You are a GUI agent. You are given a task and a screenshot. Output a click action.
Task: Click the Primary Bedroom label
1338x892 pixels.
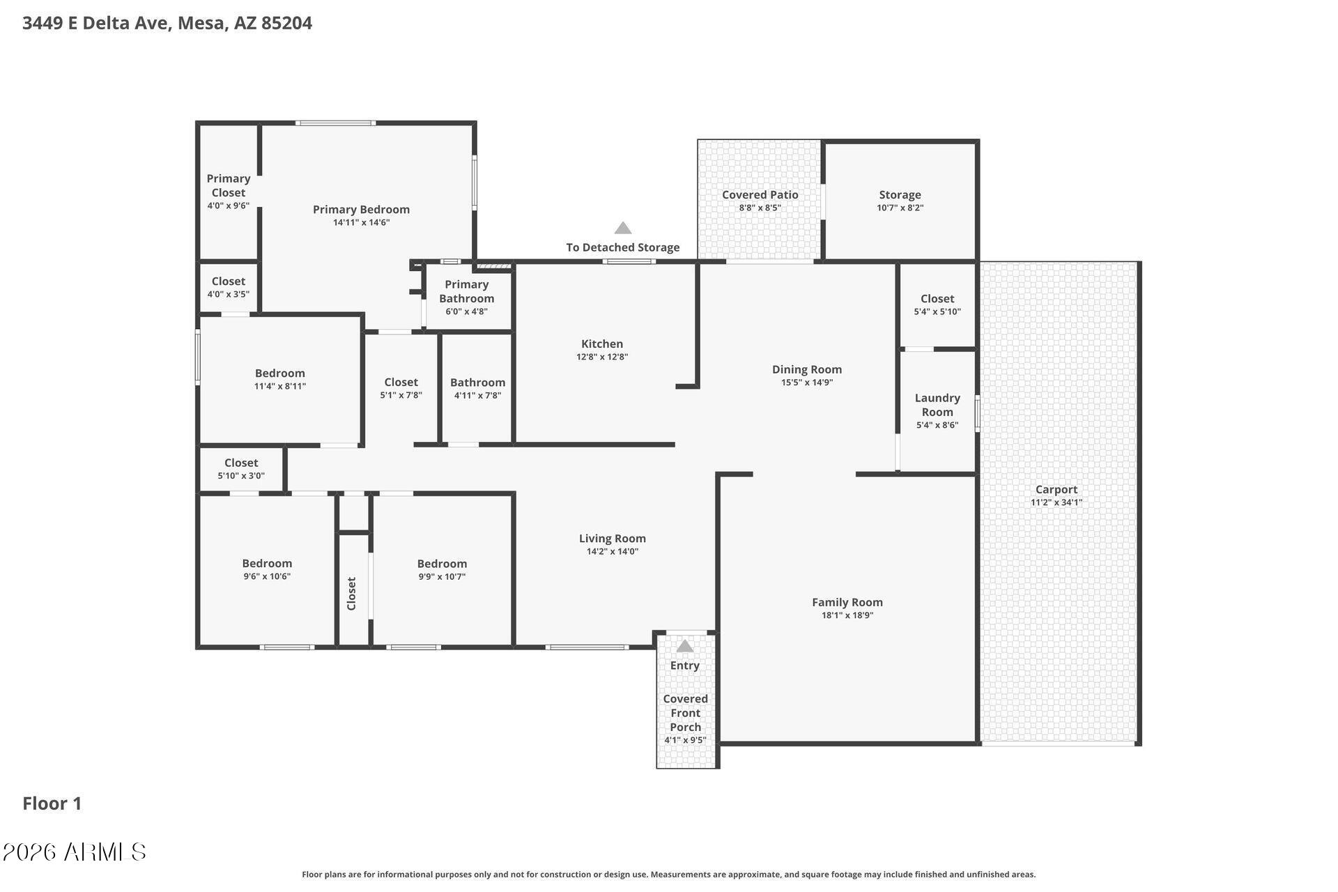(361, 209)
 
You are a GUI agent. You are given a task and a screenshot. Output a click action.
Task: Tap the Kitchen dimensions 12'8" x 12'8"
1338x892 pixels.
(602, 357)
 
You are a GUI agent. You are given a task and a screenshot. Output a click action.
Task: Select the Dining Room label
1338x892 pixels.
(807, 369)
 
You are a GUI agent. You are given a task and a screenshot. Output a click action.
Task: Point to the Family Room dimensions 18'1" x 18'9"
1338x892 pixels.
(847, 615)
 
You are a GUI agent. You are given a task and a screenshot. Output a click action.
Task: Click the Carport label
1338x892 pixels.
(1056, 489)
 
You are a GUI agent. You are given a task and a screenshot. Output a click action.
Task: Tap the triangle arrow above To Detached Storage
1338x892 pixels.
(623, 228)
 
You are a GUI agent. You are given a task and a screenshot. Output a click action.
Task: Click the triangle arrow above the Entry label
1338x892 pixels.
(685, 646)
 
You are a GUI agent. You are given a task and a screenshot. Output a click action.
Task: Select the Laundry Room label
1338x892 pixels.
(937, 405)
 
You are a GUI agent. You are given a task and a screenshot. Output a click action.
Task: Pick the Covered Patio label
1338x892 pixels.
(760, 195)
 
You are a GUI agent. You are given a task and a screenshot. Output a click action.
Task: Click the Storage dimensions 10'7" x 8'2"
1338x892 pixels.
(900, 208)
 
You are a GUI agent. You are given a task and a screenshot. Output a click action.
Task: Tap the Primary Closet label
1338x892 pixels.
(229, 185)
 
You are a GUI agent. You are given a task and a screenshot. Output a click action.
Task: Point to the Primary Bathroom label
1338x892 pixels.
(467, 291)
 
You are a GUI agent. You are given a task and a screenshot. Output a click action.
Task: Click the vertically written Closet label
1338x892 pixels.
(351, 594)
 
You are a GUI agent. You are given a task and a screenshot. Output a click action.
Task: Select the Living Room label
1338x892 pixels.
(613, 538)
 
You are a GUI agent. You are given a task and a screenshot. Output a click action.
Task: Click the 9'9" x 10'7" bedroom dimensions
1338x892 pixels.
(442, 577)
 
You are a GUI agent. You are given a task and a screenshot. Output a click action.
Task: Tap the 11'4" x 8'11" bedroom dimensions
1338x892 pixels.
(280, 386)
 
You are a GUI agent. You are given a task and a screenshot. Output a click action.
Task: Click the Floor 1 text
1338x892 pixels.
(52, 803)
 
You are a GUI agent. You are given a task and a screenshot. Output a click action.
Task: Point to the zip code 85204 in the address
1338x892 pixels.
(286, 23)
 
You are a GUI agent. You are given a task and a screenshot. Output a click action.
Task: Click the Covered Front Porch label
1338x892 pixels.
(686, 713)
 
